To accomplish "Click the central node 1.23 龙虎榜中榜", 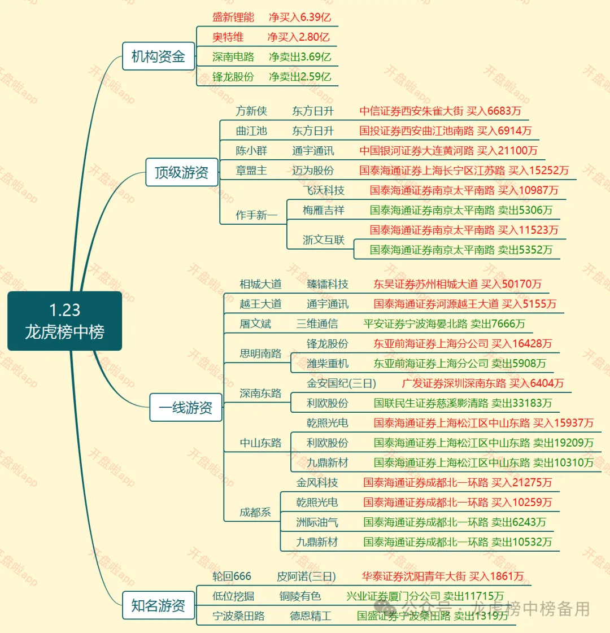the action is coord(65,321).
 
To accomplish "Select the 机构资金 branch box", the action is coord(158,56).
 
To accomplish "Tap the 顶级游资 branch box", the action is coord(181,172).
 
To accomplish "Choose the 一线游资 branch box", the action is coord(185,407).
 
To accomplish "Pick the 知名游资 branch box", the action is coord(158,606).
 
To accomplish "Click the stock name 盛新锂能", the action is coord(233,18).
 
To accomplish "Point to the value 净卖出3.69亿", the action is coord(300,57).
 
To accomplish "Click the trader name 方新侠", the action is coord(251,111).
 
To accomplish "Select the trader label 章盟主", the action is coord(251,171).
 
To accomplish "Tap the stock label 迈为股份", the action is coord(313,171).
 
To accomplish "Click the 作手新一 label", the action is coord(256,215).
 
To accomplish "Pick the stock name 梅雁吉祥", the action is coord(323,210).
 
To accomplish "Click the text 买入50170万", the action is coord(511,284).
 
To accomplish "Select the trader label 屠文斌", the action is coord(255,324).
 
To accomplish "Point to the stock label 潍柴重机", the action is coord(328,364).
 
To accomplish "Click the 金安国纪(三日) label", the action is coord(341,383).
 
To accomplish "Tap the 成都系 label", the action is coord(255,513).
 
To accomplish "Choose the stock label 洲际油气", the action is coord(317,522).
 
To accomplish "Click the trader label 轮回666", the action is coord(232,577).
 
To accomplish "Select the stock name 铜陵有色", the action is coord(300,596).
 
